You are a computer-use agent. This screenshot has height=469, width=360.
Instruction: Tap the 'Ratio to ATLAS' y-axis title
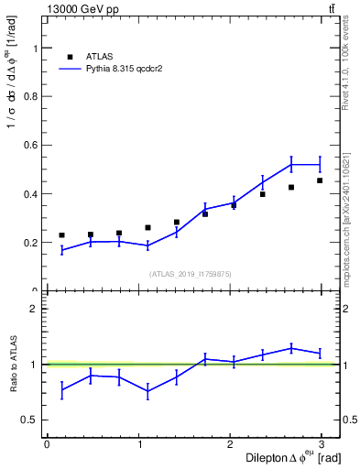(13, 365)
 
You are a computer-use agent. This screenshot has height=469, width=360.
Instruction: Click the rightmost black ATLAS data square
(320, 180)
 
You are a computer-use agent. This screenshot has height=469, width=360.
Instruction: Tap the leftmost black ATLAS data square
(61, 235)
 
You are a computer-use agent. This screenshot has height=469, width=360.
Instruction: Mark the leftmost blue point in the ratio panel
(61, 390)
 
